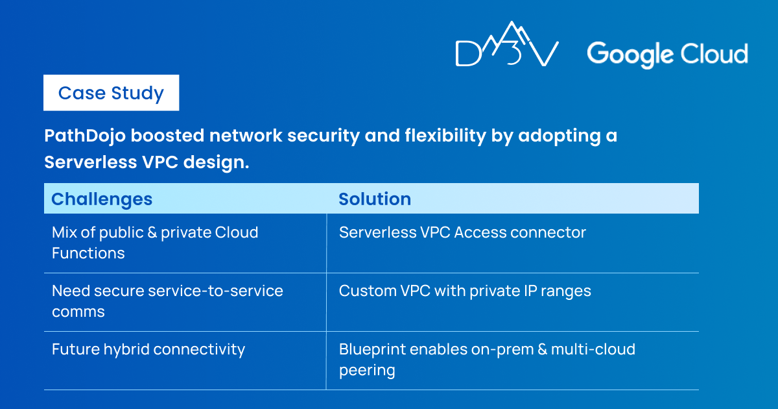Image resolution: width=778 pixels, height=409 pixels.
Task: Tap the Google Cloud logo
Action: [x=667, y=55]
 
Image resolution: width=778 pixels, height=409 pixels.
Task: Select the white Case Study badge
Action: [x=111, y=92]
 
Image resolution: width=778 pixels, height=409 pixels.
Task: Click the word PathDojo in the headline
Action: [x=85, y=135]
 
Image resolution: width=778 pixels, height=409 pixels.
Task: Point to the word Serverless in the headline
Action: [x=91, y=162]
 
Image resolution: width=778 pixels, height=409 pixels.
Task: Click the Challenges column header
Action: [x=102, y=199]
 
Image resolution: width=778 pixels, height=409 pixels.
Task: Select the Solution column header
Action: [x=375, y=199]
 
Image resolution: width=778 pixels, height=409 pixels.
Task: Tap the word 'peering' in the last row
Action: [x=367, y=371]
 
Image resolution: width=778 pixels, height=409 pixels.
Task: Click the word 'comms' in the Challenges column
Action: [x=78, y=312]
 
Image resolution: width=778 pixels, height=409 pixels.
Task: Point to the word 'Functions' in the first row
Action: [x=88, y=253]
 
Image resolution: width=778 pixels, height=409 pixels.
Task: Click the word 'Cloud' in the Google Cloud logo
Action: [x=714, y=54]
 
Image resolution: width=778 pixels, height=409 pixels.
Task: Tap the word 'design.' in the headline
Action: [x=217, y=162]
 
